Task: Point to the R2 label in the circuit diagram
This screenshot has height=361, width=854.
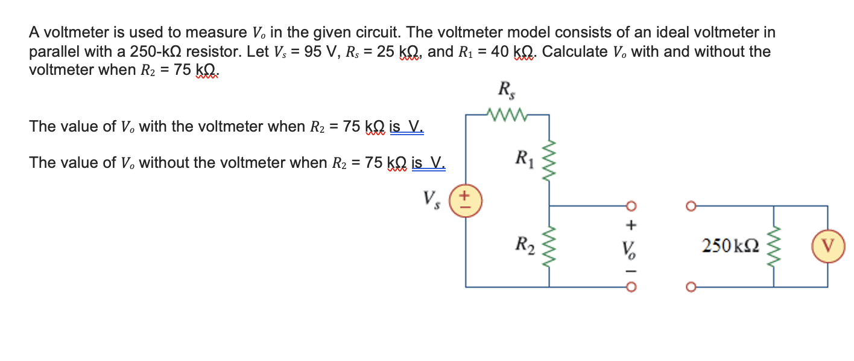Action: click(524, 244)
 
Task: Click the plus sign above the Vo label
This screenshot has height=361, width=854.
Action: click(631, 226)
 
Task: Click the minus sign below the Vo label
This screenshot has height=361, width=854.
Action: click(631, 269)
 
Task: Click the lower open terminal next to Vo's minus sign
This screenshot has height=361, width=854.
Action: click(631, 287)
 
